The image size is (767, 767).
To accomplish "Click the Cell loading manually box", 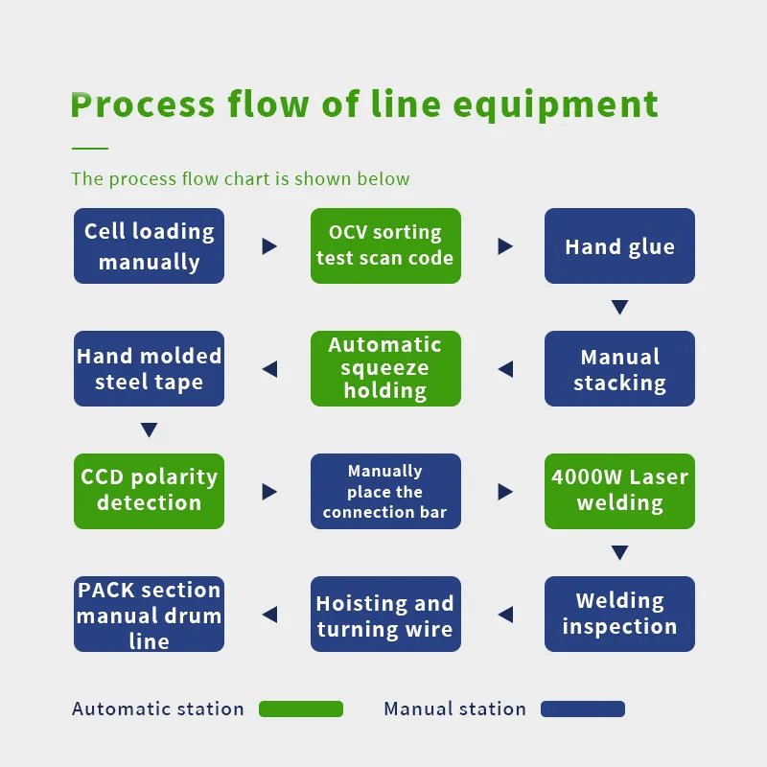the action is tap(150, 246).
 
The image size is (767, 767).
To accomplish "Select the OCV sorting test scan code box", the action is tap(386, 246).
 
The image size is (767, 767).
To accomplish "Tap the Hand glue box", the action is tap(619, 246).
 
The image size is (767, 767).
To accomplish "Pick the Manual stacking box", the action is tap(619, 369).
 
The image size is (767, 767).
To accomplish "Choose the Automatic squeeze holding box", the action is tap(386, 369).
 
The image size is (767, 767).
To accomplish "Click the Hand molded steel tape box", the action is tap(150, 369).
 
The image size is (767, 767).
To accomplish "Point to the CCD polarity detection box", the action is tap(150, 492).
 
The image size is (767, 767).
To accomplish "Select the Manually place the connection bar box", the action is tap(386, 492).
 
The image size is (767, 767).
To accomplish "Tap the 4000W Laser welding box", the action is tap(619, 492).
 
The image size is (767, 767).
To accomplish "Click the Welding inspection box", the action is tap(619, 615).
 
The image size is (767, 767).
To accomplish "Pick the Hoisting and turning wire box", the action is tap(386, 615).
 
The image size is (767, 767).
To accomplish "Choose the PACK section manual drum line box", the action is tap(150, 615).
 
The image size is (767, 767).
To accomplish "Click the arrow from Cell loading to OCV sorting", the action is tap(269, 246).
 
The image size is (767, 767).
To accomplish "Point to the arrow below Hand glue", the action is tap(619, 307).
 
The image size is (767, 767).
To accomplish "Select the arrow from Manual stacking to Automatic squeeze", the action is tap(505, 369).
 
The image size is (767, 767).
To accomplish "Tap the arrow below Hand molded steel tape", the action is tap(150, 430).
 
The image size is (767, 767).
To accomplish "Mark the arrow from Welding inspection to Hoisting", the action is tap(505, 615).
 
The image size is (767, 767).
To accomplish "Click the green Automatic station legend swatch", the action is tap(301, 709).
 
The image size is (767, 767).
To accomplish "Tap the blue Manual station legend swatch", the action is tap(583, 709).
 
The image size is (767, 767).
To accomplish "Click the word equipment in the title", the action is tap(556, 105).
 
